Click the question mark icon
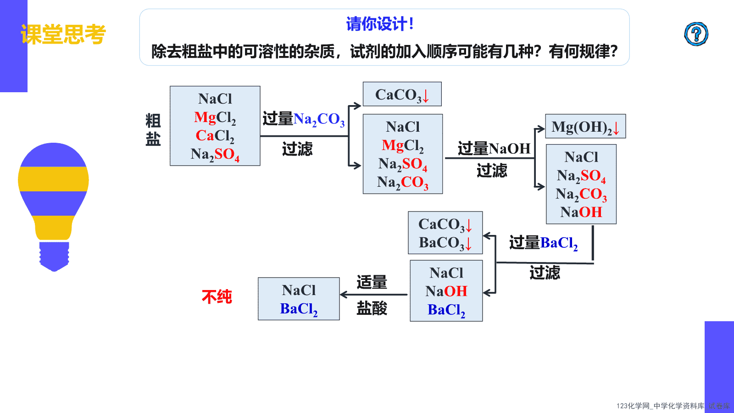click(x=696, y=34)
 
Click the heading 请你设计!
click(x=380, y=24)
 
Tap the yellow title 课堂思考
click(x=63, y=34)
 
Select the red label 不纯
click(x=217, y=297)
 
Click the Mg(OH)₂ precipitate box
click(x=585, y=126)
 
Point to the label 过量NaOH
click(x=494, y=149)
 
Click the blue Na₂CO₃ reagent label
click(x=319, y=119)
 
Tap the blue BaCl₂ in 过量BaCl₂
click(x=559, y=243)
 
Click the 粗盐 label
click(x=153, y=130)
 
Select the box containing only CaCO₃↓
click(x=402, y=94)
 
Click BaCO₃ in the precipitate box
click(x=441, y=243)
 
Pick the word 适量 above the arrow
click(x=372, y=282)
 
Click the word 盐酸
click(x=372, y=308)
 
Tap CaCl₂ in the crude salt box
click(x=215, y=136)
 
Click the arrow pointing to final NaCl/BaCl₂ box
click(x=373, y=295)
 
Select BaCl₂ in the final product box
click(x=299, y=309)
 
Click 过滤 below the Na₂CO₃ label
click(x=297, y=149)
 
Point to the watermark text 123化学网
click(x=633, y=406)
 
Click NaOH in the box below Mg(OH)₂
click(x=581, y=212)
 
